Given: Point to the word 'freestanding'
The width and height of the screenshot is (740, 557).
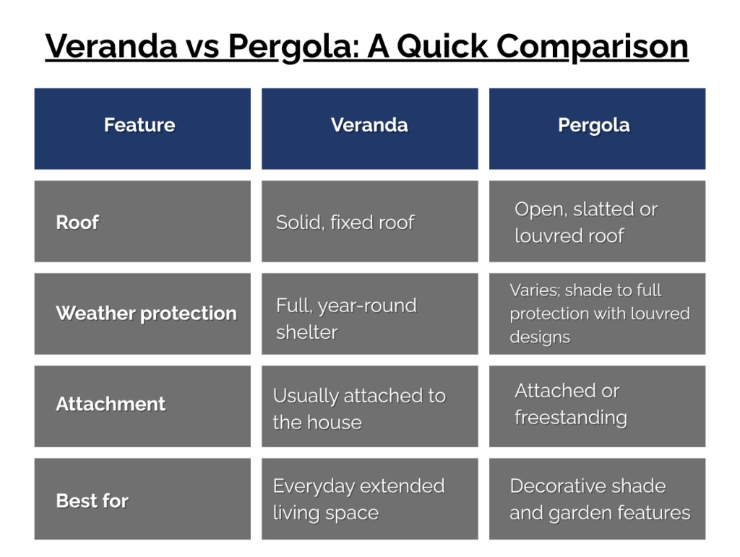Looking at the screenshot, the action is tap(571, 418).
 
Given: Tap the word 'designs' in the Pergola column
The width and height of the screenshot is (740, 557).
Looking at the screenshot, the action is tap(540, 337).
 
